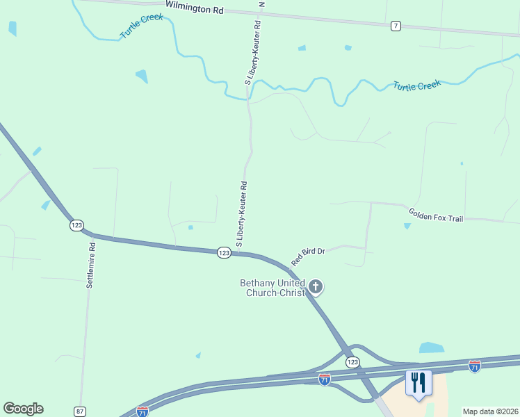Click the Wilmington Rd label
195,10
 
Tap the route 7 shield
396,26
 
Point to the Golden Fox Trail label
436,215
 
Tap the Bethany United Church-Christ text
272,288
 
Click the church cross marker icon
316,286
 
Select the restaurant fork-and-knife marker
418,382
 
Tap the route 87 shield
80,411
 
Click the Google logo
23,409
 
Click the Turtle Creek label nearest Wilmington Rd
141,26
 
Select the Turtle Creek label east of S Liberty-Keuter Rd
417,85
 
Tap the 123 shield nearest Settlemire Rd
76,225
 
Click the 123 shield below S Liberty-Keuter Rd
223,253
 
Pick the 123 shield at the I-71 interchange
352,362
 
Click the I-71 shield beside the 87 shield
143,411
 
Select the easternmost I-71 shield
475,365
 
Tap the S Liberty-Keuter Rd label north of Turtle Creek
253,52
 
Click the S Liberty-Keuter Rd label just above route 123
242,215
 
